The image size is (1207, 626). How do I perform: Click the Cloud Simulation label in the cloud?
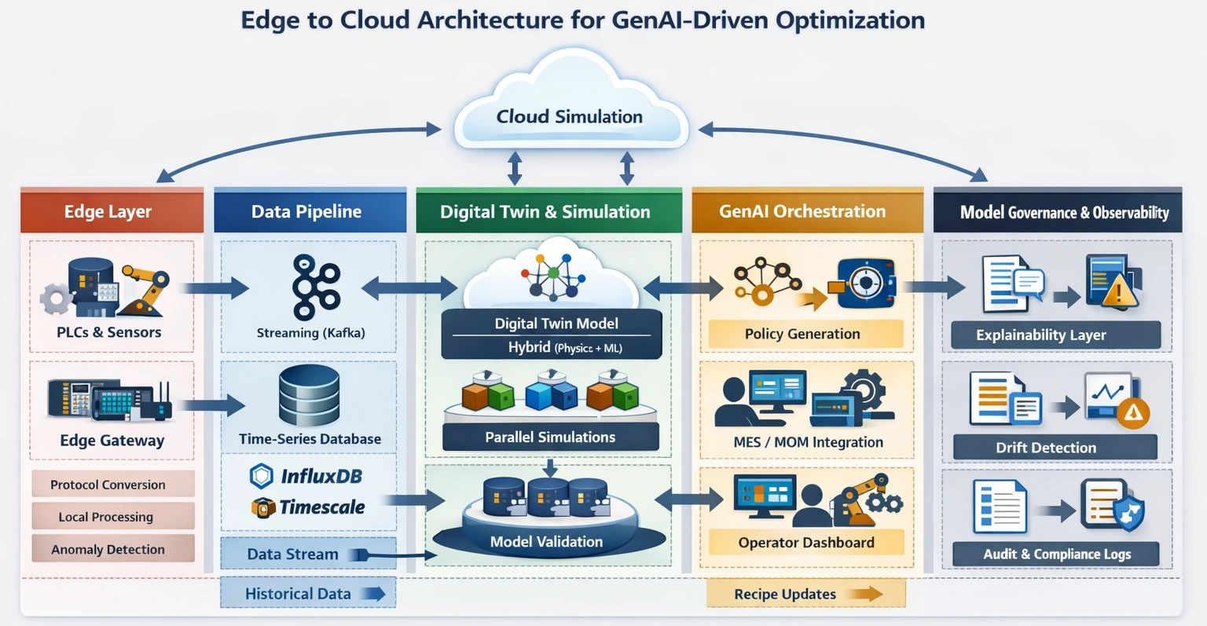(x=569, y=117)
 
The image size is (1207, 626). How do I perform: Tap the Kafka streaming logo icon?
(x=315, y=287)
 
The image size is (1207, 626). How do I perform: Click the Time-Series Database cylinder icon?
(x=309, y=397)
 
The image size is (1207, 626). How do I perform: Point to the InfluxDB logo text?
(x=321, y=476)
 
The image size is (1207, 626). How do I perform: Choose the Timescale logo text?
(x=321, y=507)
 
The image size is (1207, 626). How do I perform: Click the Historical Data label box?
(x=307, y=594)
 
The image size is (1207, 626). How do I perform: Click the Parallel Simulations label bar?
(x=550, y=437)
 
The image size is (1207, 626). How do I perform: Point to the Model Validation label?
(x=546, y=542)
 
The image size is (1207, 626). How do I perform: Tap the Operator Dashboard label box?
(x=805, y=543)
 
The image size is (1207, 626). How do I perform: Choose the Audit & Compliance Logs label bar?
(x=1055, y=554)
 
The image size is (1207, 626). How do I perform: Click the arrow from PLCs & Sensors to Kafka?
(x=215, y=287)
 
